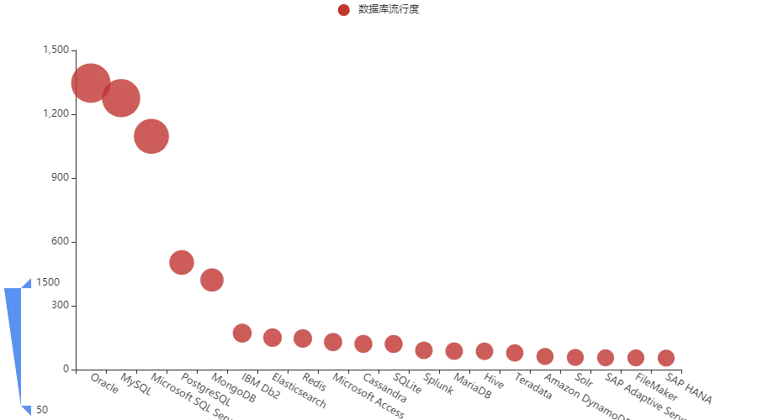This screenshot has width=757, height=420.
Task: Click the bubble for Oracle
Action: [91, 82]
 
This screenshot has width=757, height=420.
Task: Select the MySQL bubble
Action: [121, 98]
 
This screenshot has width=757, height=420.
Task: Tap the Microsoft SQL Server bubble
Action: [151, 136]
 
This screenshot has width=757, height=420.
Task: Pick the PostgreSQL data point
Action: [182, 262]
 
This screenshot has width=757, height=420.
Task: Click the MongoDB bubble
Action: [212, 280]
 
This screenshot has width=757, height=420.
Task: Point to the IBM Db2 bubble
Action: [242, 333]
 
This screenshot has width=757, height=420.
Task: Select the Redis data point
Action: [303, 338]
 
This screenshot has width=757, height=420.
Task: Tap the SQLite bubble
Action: [394, 344]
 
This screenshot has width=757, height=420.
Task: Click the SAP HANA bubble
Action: [666, 358]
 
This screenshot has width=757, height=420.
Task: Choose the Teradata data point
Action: [515, 353]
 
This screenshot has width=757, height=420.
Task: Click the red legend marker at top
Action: [343, 10]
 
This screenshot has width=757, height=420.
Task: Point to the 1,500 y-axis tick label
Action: [56, 50]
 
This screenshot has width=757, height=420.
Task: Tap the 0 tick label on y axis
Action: [66, 370]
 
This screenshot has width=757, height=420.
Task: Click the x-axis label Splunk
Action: [438, 384]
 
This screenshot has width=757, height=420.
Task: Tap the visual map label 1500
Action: [49, 282]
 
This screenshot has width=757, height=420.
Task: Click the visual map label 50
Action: [42, 410]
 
